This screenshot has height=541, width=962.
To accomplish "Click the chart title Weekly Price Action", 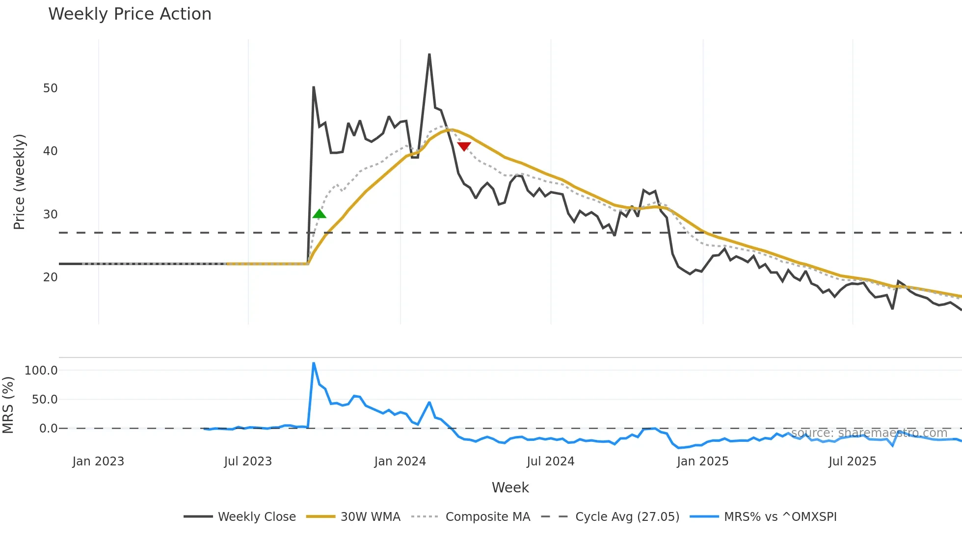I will coord(130,14).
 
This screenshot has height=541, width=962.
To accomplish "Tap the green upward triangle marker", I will coord(319,214).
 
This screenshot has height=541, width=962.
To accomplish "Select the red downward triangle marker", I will coord(464,146).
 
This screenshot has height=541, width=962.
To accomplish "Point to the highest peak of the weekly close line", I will coord(429,54).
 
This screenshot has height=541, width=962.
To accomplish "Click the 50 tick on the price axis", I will coord(50,88).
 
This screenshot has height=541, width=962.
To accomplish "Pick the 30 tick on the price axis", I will coord(50,215).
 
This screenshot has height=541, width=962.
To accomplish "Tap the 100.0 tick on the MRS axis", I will coord(41,371).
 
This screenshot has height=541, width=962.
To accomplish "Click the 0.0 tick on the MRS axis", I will coord(48,429).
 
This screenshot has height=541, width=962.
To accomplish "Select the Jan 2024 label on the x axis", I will coord(400,461).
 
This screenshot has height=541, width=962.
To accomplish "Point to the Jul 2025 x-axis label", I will coord(852,461).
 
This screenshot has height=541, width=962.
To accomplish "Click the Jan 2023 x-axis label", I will coord(98,461).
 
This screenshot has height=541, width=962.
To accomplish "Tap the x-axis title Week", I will coord(510,487).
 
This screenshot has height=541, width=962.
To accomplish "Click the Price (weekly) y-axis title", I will coord(19,182).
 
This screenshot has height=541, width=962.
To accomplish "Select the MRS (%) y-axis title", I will coord(8,405).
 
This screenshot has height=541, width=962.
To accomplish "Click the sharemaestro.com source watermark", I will coord(869,433).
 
